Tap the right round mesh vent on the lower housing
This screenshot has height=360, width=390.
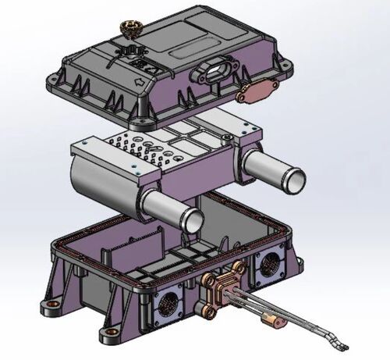point(270,264)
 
